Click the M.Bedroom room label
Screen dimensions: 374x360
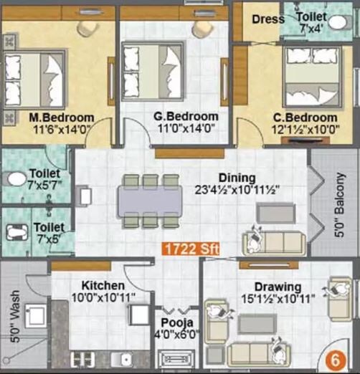(x=61, y=117)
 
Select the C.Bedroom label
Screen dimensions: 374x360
(x=305, y=117)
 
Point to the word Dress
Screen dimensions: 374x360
(x=268, y=19)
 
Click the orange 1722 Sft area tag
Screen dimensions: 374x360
(x=190, y=249)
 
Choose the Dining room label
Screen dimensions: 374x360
(x=237, y=178)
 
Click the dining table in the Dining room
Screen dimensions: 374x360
(x=151, y=200)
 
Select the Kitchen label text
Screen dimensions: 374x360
(x=103, y=284)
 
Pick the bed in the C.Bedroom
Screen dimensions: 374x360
(x=309, y=76)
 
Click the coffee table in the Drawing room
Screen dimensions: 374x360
(x=258, y=325)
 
